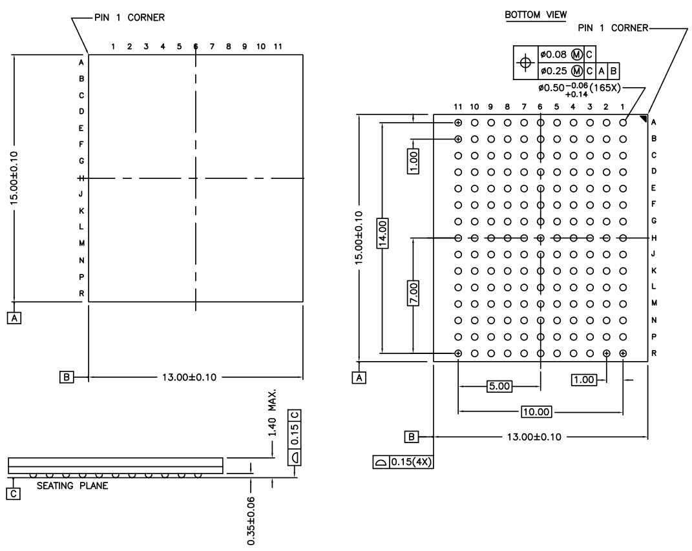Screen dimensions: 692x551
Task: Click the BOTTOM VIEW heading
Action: click(x=536, y=15)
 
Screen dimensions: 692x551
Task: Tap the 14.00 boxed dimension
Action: click(x=383, y=233)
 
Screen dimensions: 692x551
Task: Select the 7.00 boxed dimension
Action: click(x=413, y=293)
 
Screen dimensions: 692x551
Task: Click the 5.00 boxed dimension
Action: click(x=499, y=386)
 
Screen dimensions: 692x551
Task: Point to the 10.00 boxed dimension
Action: click(x=536, y=412)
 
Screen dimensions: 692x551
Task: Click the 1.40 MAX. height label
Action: click(x=272, y=413)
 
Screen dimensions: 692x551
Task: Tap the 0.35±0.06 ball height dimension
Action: click(x=251, y=521)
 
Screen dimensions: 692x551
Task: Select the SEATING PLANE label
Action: click(x=72, y=486)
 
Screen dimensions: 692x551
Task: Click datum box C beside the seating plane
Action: click(x=14, y=494)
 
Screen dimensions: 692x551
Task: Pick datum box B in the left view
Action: click(x=67, y=377)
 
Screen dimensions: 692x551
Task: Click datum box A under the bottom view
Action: click(x=359, y=378)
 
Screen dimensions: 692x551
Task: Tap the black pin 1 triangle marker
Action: click(x=644, y=119)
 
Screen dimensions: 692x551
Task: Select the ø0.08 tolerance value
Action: click(x=554, y=54)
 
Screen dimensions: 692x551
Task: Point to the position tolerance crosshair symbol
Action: click(x=525, y=63)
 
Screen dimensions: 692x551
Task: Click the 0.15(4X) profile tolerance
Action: click(x=411, y=462)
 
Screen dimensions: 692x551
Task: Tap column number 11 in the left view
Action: click(x=278, y=47)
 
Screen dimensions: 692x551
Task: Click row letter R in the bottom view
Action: click(x=654, y=353)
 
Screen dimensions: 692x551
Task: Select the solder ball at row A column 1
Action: click(x=623, y=123)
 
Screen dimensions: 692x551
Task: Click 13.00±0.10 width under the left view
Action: click(x=189, y=377)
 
